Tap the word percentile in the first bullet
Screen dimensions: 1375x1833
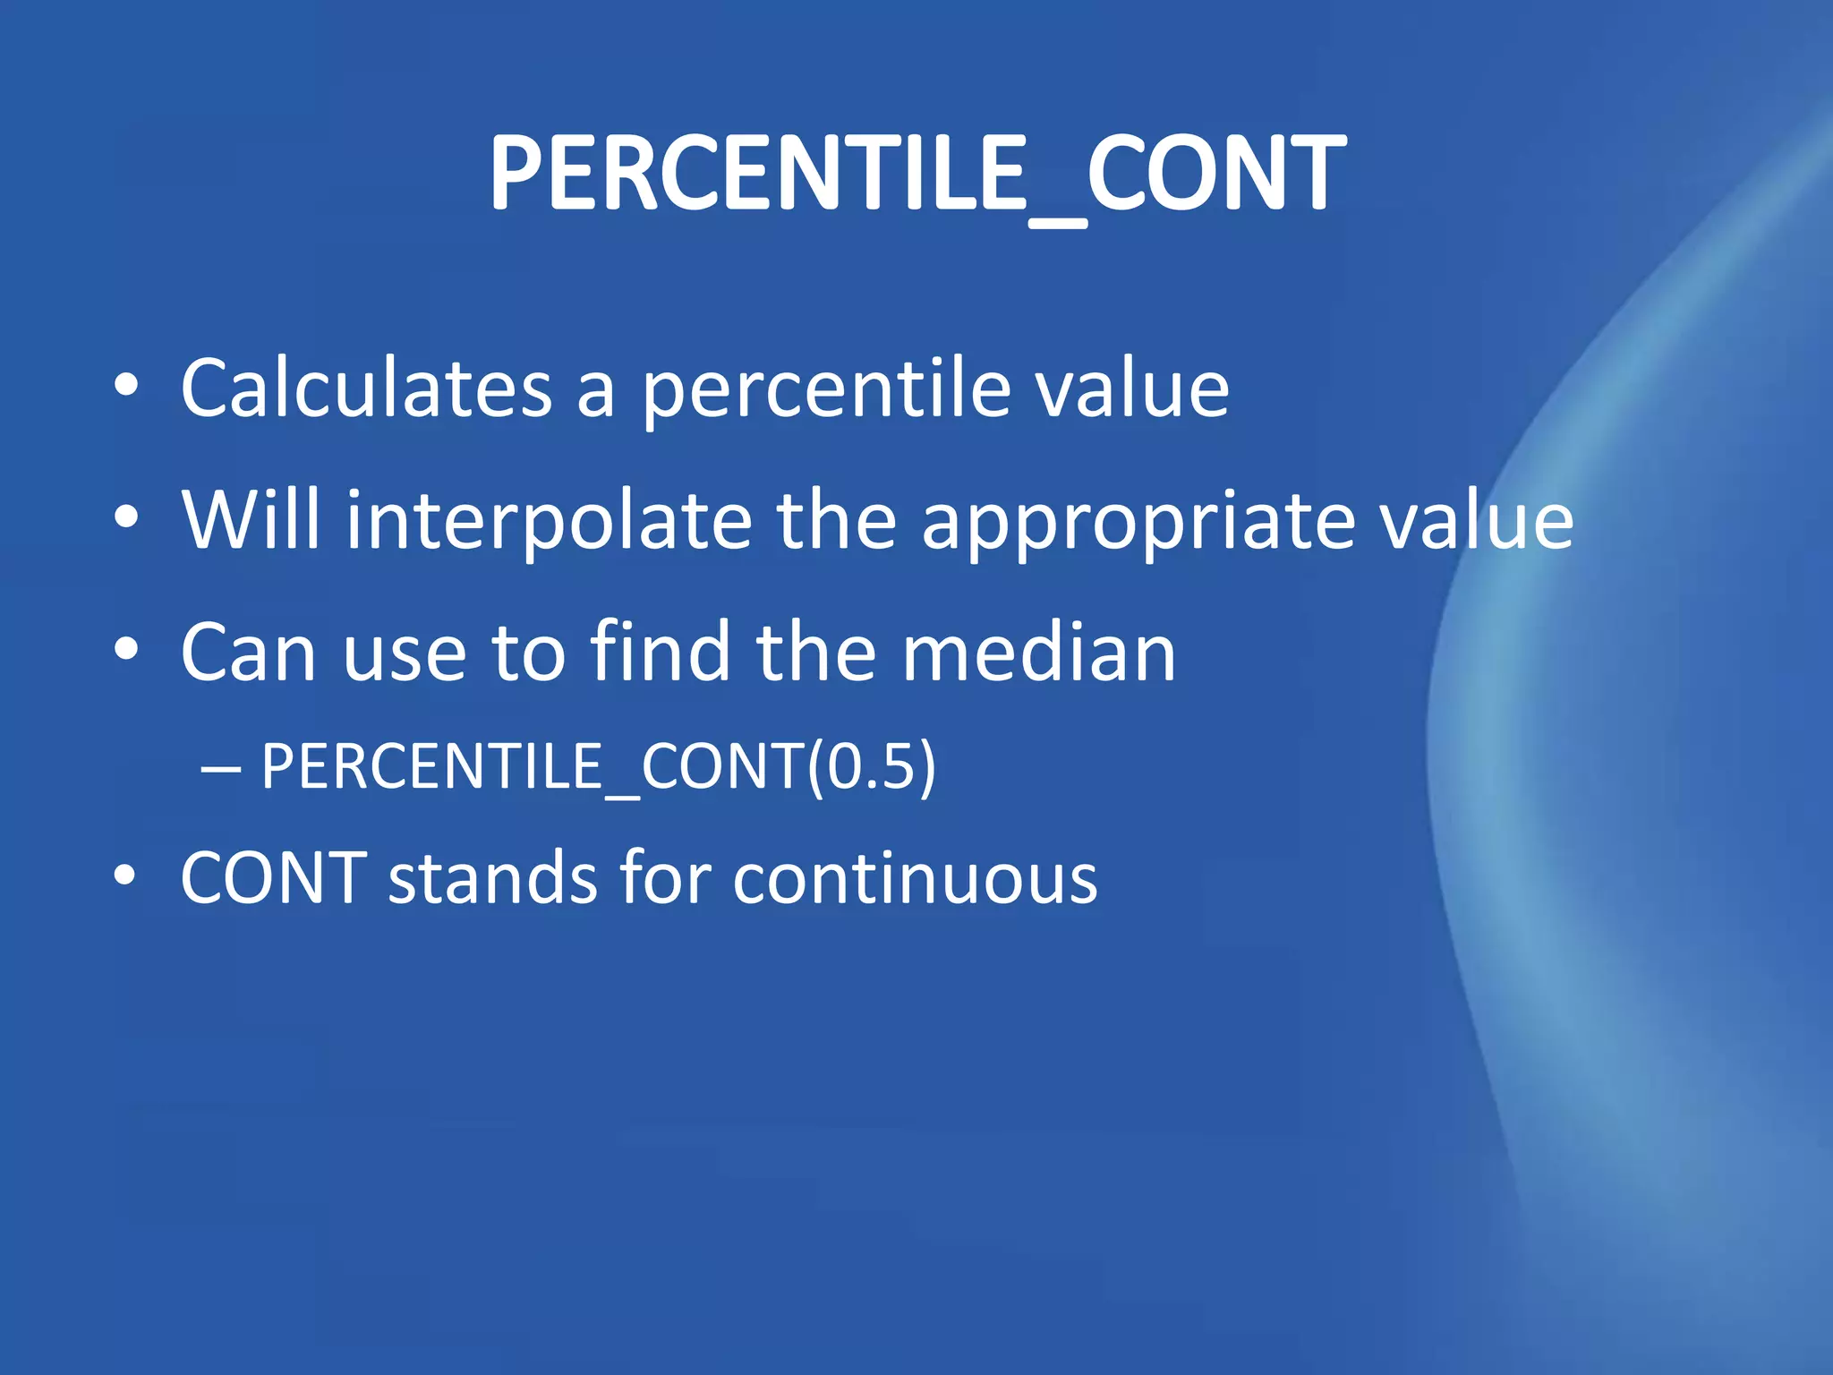[827, 390]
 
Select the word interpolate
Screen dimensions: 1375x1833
[549, 521]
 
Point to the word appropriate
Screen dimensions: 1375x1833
[1138, 521]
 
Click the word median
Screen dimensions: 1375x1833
[1038, 653]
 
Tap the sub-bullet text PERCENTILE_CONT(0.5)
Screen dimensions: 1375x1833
[598, 766]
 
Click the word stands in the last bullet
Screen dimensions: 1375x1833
[492, 878]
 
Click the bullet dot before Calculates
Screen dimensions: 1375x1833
[126, 386]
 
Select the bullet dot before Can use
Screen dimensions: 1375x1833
[126, 649]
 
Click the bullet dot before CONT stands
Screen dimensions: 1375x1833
[126, 875]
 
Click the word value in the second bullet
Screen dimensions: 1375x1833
[1476, 521]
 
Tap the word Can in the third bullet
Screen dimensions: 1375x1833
[249, 653]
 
